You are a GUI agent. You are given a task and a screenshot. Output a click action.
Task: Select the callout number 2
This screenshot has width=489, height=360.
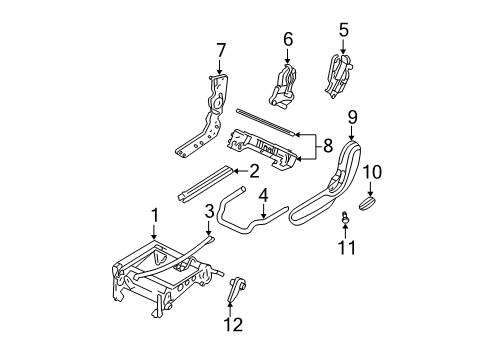coord(255,170)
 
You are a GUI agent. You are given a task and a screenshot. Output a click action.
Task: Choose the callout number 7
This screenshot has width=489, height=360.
coord(221,49)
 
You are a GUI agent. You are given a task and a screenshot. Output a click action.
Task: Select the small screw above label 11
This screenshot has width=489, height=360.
coord(345,216)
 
